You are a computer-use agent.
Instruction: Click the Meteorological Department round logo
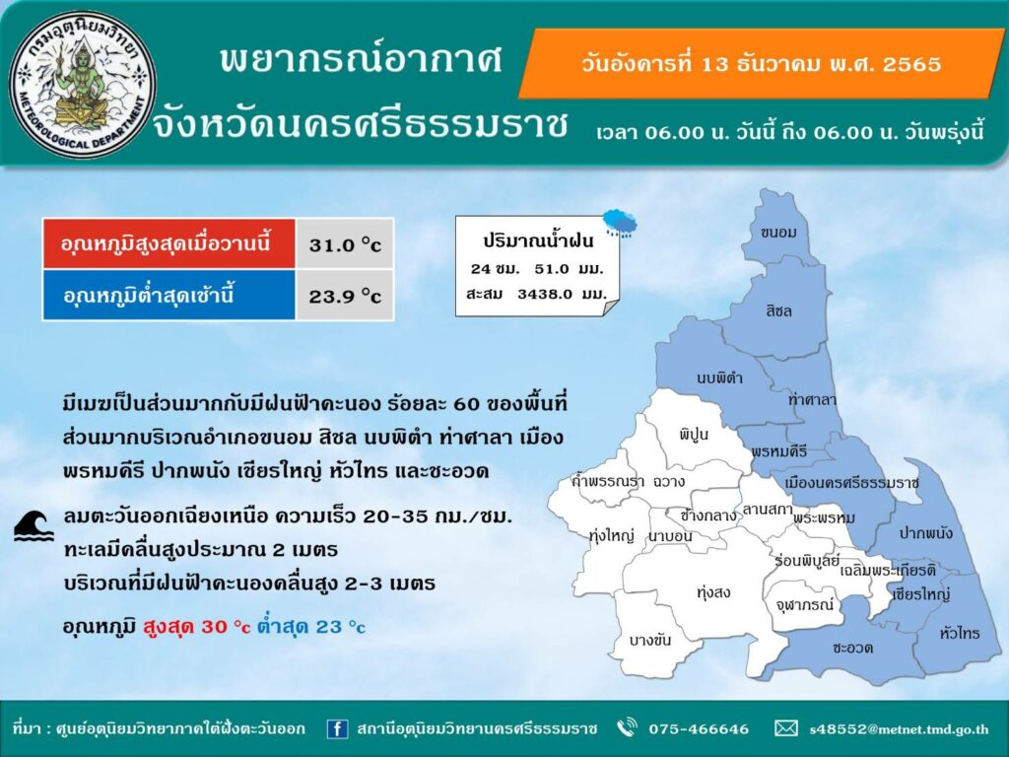[83, 84]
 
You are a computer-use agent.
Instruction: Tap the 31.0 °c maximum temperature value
[345, 245]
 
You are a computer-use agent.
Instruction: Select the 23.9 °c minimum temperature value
[345, 296]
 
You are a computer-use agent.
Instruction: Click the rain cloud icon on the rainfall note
[621, 223]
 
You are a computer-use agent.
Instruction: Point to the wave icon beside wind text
[34, 525]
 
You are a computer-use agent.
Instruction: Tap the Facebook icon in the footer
[337, 728]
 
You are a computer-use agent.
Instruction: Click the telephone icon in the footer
[627, 727]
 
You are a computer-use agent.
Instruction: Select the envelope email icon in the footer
[785, 728]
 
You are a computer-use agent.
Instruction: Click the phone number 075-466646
[699, 729]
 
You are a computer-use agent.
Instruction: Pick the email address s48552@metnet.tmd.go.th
[899, 729]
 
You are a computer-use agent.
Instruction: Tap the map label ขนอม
[778, 233]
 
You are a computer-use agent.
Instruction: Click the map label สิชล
[778, 310]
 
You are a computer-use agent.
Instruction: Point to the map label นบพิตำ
[719, 378]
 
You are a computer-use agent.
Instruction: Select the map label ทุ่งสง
[713, 592]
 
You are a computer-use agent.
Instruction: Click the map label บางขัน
[650, 640]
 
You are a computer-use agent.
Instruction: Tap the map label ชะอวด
[852, 648]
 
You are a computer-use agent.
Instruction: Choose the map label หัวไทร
[960, 633]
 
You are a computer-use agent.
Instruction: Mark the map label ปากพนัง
[925, 533]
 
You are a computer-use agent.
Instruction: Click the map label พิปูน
[693, 435]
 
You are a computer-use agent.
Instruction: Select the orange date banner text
[762, 64]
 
